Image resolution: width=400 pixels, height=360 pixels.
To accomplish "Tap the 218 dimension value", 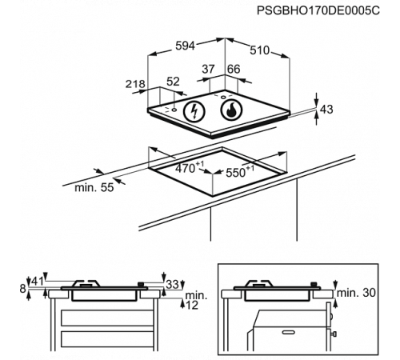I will click(x=136, y=83).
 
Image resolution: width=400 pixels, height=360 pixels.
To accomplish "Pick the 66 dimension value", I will click(x=234, y=70).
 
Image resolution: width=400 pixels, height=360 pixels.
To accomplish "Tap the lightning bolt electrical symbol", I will click(x=193, y=111).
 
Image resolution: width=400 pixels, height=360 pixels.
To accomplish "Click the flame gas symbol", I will click(x=230, y=110).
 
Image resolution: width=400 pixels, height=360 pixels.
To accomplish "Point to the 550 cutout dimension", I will click(x=238, y=170).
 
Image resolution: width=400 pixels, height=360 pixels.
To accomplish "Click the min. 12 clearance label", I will click(x=195, y=301).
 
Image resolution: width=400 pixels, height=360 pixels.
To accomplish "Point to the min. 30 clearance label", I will click(x=355, y=293).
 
